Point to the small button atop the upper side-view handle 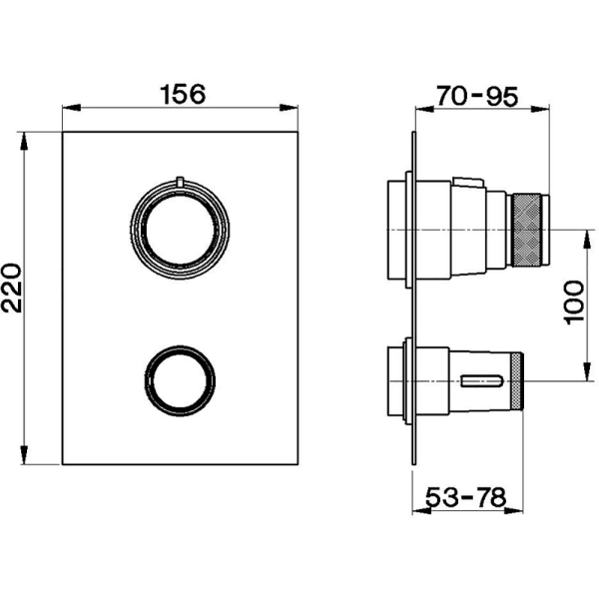pyautogui.click(x=467, y=182)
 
